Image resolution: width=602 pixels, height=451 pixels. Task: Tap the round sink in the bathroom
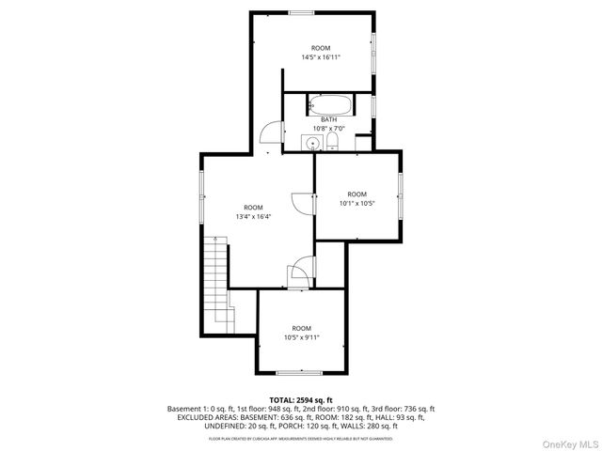pos(312,142)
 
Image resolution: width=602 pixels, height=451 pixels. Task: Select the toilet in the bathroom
pos(332,141)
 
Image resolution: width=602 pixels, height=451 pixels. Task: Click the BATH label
pos(328,119)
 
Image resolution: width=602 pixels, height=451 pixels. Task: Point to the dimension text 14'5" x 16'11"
pos(321,56)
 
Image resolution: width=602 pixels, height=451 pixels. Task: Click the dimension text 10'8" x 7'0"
pos(328,129)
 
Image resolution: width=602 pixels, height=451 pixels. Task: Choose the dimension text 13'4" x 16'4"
pos(253,217)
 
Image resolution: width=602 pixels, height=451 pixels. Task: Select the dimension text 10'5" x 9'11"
pos(301,337)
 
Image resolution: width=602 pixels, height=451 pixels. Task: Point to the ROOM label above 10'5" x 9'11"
pos(301,328)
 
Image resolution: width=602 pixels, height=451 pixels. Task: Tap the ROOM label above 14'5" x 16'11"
pos(321,47)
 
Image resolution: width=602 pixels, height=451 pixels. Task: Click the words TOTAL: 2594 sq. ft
pos(301,399)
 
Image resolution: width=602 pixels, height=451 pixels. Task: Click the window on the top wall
pos(302,12)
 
